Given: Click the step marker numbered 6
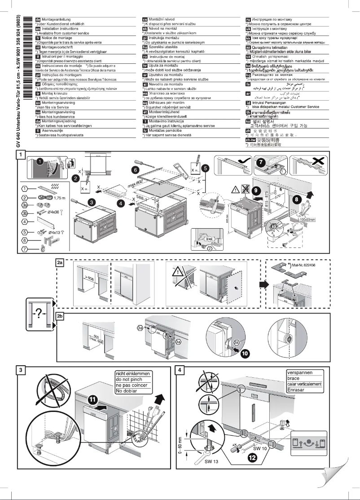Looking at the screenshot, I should click(x=135, y=170).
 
